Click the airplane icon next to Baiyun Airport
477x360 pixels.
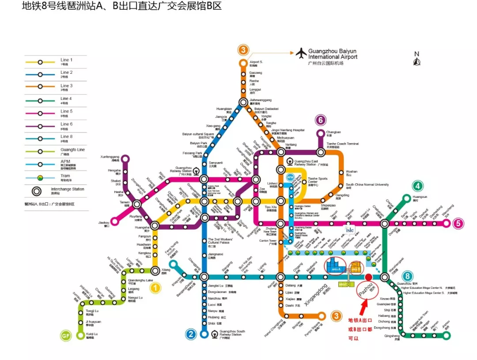(x=302, y=53)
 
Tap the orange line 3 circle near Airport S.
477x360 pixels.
(x=243, y=50)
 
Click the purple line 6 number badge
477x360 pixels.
(x=321, y=120)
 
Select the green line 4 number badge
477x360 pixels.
(x=417, y=186)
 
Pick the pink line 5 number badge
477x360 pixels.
(x=459, y=224)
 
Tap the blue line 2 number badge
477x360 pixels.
(x=190, y=334)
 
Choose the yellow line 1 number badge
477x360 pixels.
(x=155, y=288)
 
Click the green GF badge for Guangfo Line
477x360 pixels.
(x=66, y=336)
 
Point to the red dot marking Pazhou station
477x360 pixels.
(x=369, y=277)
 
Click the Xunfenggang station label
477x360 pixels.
(x=110, y=157)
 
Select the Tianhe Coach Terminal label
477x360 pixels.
(x=343, y=144)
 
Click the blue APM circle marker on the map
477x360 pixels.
(x=290, y=177)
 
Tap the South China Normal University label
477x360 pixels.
(x=367, y=185)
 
